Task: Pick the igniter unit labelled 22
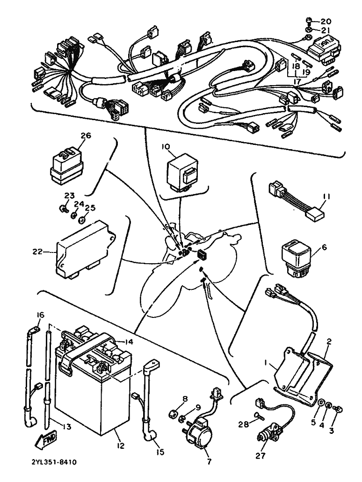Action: [87, 251]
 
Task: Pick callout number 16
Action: [40, 315]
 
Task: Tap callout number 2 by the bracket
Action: [329, 342]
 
